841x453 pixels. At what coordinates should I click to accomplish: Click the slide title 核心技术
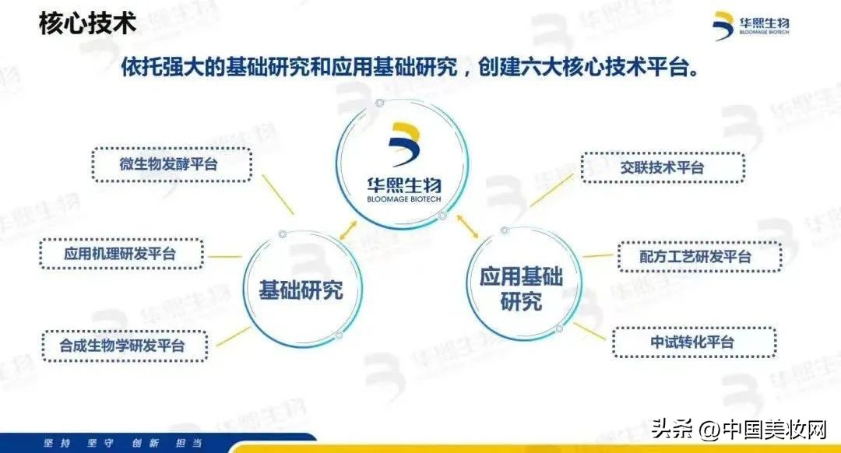(87, 23)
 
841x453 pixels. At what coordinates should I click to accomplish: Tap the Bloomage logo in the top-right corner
(751, 26)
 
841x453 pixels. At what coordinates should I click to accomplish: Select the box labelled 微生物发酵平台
(171, 164)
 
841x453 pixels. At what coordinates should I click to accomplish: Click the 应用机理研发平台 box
(121, 254)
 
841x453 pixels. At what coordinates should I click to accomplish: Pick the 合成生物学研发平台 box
(125, 346)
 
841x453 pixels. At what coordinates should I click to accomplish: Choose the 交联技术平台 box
(663, 168)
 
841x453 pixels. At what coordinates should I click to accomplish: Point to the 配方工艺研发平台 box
(699, 257)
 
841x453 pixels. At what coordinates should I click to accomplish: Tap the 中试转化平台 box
(694, 342)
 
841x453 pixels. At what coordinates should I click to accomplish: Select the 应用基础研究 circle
(468, 284)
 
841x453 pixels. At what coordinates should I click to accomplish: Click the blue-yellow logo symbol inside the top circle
(403, 144)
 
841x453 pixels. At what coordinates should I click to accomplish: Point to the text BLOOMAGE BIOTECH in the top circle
(404, 199)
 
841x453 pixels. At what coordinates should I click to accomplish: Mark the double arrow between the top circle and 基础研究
(348, 230)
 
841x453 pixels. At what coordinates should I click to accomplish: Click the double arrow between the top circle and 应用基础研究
(468, 226)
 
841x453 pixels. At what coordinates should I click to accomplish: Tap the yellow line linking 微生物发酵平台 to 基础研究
(278, 194)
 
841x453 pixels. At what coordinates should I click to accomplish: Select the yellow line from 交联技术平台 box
(551, 191)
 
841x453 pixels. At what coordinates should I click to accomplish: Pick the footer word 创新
(146, 444)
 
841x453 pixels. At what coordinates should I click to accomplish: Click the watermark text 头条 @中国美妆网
(739, 430)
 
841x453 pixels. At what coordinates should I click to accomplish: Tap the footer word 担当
(188, 444)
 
